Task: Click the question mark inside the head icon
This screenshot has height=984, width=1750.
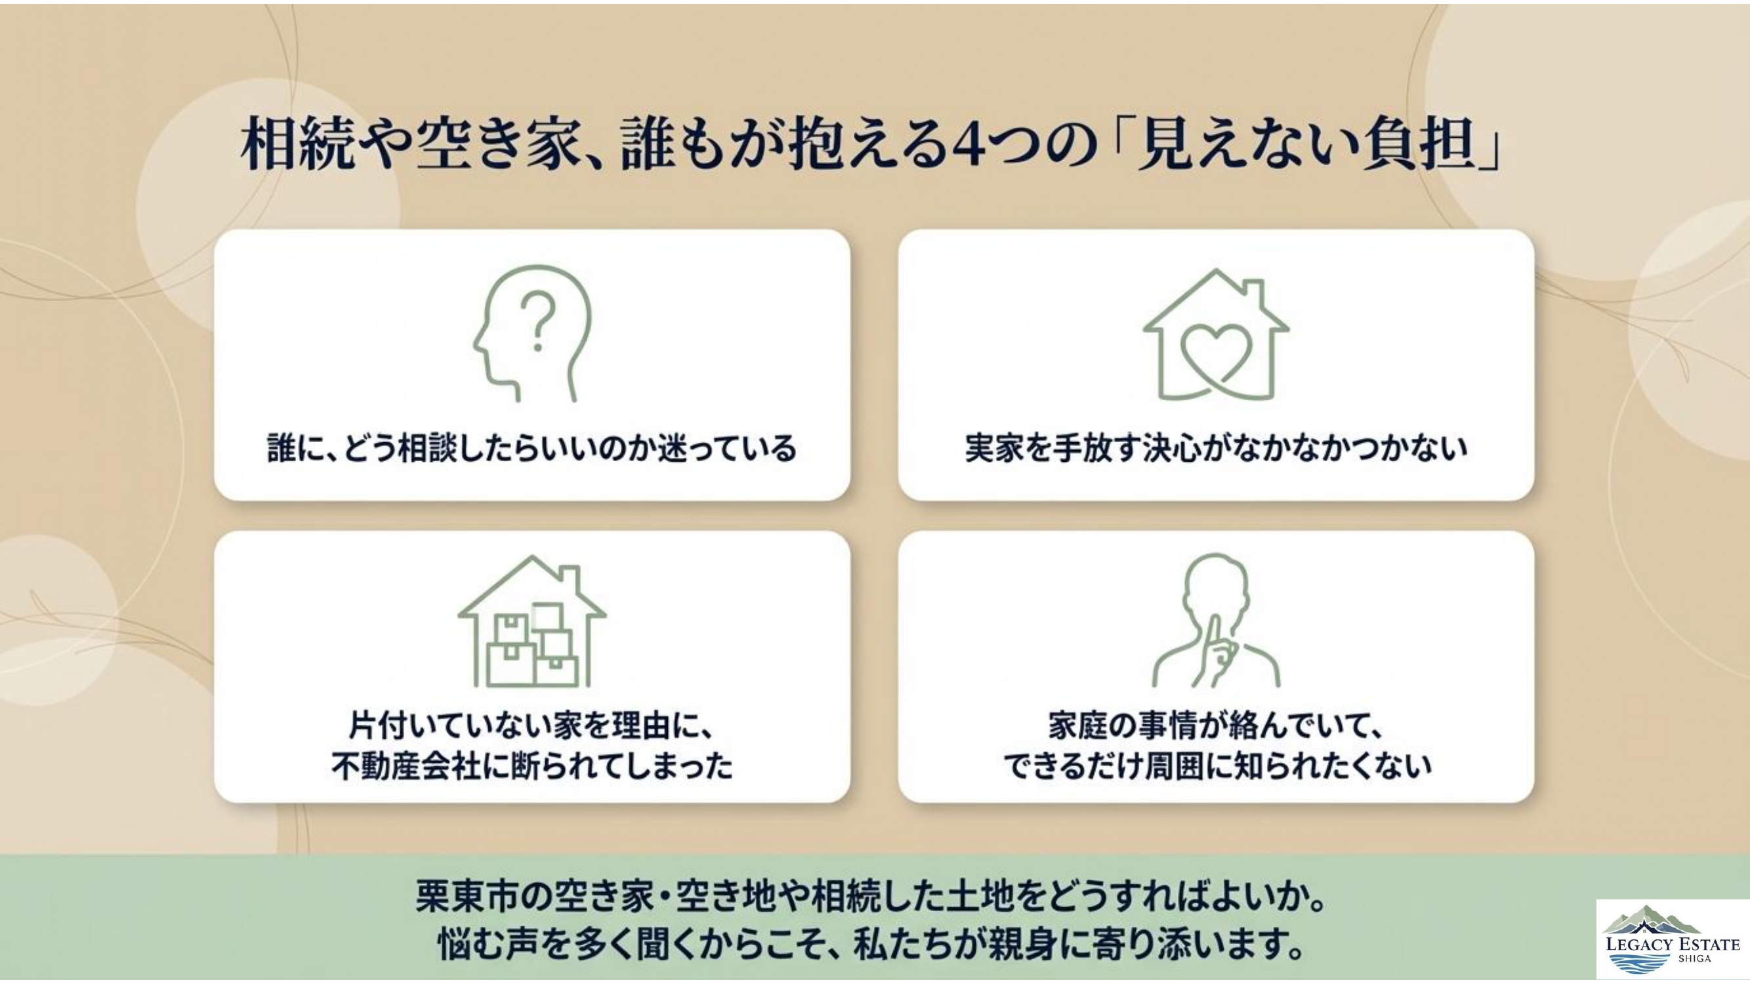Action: [x=537, y=320]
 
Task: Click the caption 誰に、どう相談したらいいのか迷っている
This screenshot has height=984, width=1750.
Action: [x=532, y=449]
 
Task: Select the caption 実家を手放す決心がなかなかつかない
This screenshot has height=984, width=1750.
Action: [x=1216, y=449]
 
